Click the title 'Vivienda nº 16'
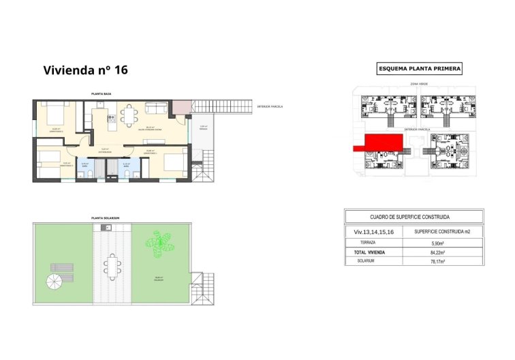(85, 70)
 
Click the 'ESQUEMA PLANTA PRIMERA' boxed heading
(420, 68)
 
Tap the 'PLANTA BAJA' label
(102, 94)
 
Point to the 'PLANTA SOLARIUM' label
(106, 218)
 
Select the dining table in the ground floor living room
(127, 114)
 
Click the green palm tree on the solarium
(159, 243)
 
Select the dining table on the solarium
(111, 264)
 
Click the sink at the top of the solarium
(106, 227)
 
